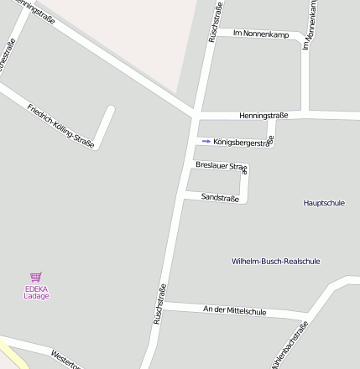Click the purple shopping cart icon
point(36,276)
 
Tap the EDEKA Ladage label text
point(36,293)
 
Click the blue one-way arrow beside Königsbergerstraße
point(206,142)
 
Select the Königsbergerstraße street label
point(243,142)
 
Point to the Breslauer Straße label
point(222,166)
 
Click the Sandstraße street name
point(221,197)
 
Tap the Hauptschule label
point(324,203)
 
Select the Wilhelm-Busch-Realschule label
point(275,261)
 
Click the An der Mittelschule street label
point(235,311)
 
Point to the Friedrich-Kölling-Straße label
point(60,123)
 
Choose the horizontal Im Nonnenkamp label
point(260,34)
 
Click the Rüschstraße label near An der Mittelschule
point(158,304)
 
